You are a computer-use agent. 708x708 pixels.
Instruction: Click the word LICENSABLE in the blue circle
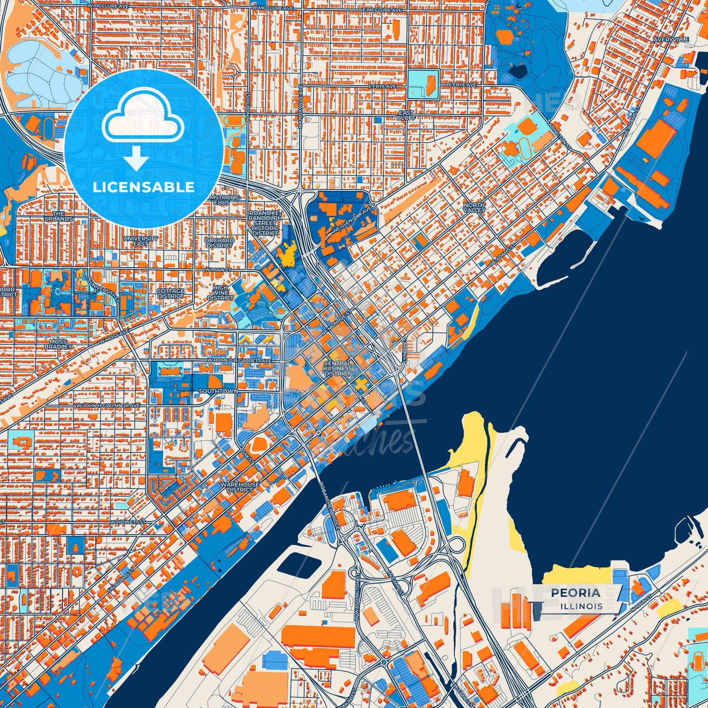coord(144,187)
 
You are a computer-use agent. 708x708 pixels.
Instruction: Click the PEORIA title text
coord(575,593)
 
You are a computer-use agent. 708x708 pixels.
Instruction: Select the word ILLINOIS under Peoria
coord(582,606)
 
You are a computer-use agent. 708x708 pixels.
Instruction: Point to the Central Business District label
coord(338,368)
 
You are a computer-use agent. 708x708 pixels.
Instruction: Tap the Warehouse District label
coord(240,487)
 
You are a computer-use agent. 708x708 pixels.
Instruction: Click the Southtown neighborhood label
coord(218,391)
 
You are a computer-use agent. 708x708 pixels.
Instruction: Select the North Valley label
coord(474,207)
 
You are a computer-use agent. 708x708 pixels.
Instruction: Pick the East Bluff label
coord(406,116)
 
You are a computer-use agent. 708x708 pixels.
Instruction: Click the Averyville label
coord(674,39)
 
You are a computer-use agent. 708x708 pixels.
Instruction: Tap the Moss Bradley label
coord(58,344)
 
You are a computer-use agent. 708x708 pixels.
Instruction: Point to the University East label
coord(141,241)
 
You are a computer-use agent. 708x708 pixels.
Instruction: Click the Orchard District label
coord(219,243)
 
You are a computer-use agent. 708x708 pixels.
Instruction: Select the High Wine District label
coord(220,293)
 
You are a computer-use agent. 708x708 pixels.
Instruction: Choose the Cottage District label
coord(171,293)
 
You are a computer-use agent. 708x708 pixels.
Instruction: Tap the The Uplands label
coord(59,216)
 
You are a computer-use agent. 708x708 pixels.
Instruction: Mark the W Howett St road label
coord(127,522)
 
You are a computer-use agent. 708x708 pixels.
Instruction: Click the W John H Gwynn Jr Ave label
coord(108,406)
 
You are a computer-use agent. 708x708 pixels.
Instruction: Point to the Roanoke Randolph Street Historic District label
coord(265,223)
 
